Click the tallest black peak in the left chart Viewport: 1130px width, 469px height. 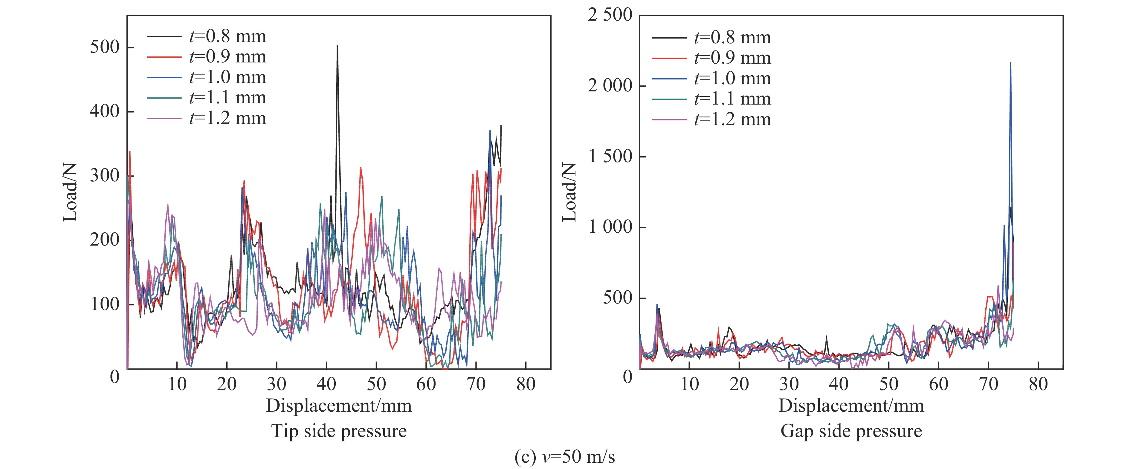[x=337, y=46]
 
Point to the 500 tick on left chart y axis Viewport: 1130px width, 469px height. [x=105, y=47]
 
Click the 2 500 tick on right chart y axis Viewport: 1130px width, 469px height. [x=610, y=15]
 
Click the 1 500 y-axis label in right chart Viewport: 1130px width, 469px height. [x=610, y=157]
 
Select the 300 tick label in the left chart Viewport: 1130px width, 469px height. [x=105, y=176]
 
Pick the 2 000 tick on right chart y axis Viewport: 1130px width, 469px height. [x=610, y=86]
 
